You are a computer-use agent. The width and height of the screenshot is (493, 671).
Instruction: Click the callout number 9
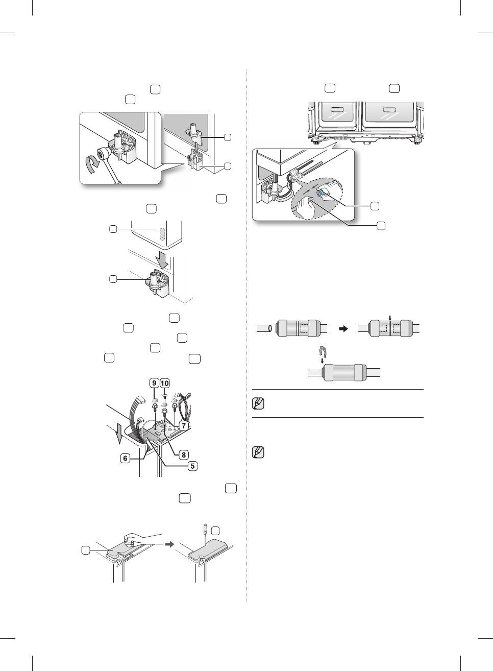point(154,383)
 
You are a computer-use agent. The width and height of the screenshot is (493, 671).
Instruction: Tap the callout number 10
point(165,383)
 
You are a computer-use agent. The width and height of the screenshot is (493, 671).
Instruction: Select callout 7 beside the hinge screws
point(183,425)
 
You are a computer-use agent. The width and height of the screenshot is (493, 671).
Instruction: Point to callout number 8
point(184,455)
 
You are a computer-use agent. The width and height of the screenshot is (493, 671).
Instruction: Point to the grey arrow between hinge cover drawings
point(170,544)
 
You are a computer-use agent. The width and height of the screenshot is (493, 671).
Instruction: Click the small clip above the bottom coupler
point(322,350)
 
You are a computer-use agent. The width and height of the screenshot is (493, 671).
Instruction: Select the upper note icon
point(258,403)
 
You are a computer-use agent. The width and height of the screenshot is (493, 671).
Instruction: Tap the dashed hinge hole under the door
point(162,234)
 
